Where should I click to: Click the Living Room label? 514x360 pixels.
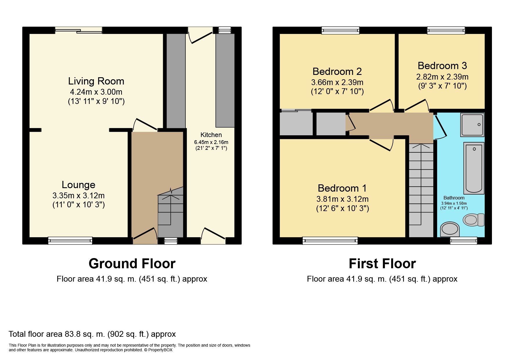[x=96, y=81]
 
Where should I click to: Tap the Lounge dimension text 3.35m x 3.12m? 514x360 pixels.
[x=79, y=195]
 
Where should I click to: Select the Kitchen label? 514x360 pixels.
[x=211, y=135]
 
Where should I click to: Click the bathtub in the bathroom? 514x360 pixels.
[x=474, y=168]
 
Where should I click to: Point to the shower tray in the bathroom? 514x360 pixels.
[x=472, y=125]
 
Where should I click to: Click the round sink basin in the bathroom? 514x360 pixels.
[x=450, y=230]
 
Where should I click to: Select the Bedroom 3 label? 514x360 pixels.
[x=442, y=66]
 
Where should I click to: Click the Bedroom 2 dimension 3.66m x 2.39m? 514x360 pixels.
[x=337, y=82]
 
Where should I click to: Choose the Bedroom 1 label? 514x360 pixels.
[x=342, y=188]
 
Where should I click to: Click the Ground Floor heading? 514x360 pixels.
[x=132, y=264]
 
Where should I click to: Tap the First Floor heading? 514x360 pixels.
[x=382, y=264]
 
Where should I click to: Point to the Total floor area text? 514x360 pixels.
[x=92, y=334]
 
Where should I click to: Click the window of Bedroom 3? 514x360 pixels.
[x=446, y=30]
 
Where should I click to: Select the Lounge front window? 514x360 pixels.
[x=70, y=240]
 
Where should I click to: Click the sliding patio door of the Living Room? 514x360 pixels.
[x=78, y=30]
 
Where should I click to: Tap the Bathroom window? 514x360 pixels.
[x=463, y=240]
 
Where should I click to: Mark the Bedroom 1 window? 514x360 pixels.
[x=330, y=240]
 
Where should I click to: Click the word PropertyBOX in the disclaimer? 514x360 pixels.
[x=160, y=350]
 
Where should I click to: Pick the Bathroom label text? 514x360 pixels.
[x=454, y=198]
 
